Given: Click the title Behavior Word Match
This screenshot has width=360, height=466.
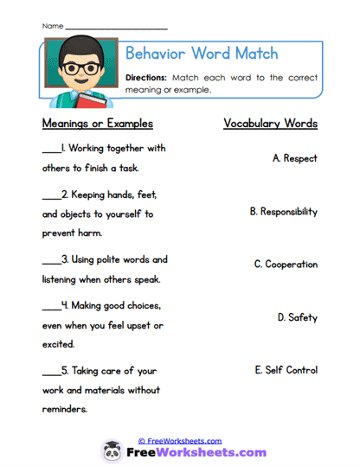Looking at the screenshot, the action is pyautogui.click(x=202, y=54).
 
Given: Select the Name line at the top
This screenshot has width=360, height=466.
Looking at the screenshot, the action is pyautogui.click(x=116, y=27).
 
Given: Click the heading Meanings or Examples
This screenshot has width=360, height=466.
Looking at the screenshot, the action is pyautogui.click(x=97, y=124).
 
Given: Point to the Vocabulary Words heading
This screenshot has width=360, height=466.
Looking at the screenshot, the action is pyautogui.click(x=270, y=124).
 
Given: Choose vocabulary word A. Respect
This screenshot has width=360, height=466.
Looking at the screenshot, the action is pyautogui.click(x=294, y=159).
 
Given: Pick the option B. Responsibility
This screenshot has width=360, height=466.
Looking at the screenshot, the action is pyautogui.click(x=283, y=212).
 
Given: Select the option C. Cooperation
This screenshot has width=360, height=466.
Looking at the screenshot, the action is pyautogui.click(x=286, y=265).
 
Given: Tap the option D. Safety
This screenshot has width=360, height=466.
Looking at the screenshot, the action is pyautogui.click(x=297, y=317).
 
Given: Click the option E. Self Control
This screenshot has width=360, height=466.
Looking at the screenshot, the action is pyautogui.click(x=286, y=370).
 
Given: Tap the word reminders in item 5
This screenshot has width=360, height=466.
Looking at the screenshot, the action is pyautogui.click(x=65, y=409).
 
